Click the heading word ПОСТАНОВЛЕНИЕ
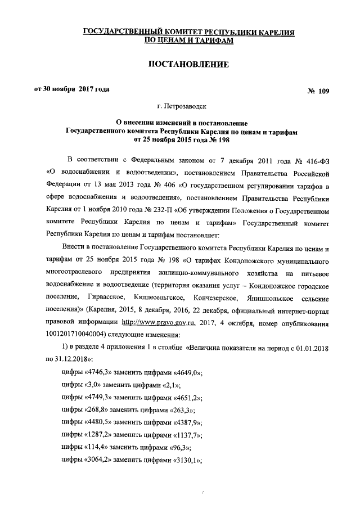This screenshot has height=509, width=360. [x=188, y=66]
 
